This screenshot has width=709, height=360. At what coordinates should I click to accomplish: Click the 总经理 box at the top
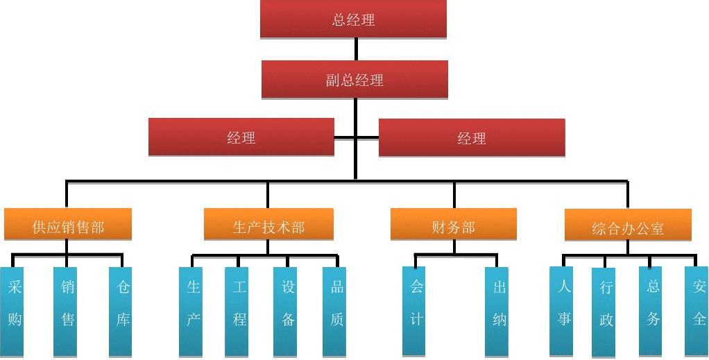click(353, 19)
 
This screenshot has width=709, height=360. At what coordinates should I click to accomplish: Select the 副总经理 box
click(354, 80)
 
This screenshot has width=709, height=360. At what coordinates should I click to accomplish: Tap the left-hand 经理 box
click(241, 137)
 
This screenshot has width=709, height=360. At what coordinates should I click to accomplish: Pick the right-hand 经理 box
click(472, 138)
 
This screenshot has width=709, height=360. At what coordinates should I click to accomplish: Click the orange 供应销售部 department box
click(68, 226)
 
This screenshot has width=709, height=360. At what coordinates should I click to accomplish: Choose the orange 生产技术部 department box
click(268, 226)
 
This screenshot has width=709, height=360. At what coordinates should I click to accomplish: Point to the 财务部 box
click(453, 226)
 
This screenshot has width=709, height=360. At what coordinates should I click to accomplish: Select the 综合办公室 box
click(628, 228)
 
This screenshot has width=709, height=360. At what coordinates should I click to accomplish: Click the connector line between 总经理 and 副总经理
click(357, 49)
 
